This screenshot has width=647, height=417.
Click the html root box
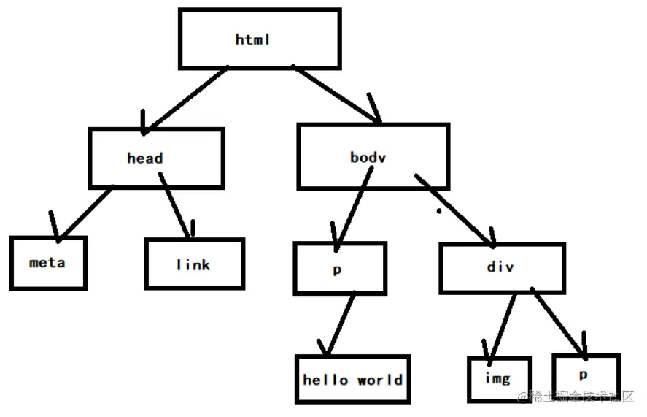(259, 39)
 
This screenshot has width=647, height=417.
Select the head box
(155, 158)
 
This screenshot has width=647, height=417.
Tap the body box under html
(372, 156)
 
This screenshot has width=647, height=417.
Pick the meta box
(48, 263)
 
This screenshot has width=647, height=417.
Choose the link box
(194, 264)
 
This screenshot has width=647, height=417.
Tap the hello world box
(353, 380)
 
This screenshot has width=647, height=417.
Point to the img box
(499, 379)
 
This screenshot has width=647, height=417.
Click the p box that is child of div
(585, 376)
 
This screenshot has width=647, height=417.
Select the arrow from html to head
(187, 99)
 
